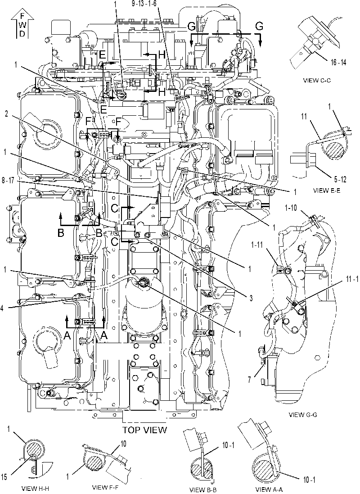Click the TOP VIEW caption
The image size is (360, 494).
pos(144,430)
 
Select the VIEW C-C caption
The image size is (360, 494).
pos(317,80)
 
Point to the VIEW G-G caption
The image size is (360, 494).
pos(303,415)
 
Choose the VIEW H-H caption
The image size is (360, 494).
pos(35,489)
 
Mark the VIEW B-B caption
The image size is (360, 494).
pos(203,489)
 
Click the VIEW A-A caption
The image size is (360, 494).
pos(269,489)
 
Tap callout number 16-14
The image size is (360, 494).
pos(338,63)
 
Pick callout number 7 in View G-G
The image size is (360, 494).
pos(249,380)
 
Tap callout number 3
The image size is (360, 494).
pos(251,298)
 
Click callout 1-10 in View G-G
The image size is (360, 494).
pos(291,208)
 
